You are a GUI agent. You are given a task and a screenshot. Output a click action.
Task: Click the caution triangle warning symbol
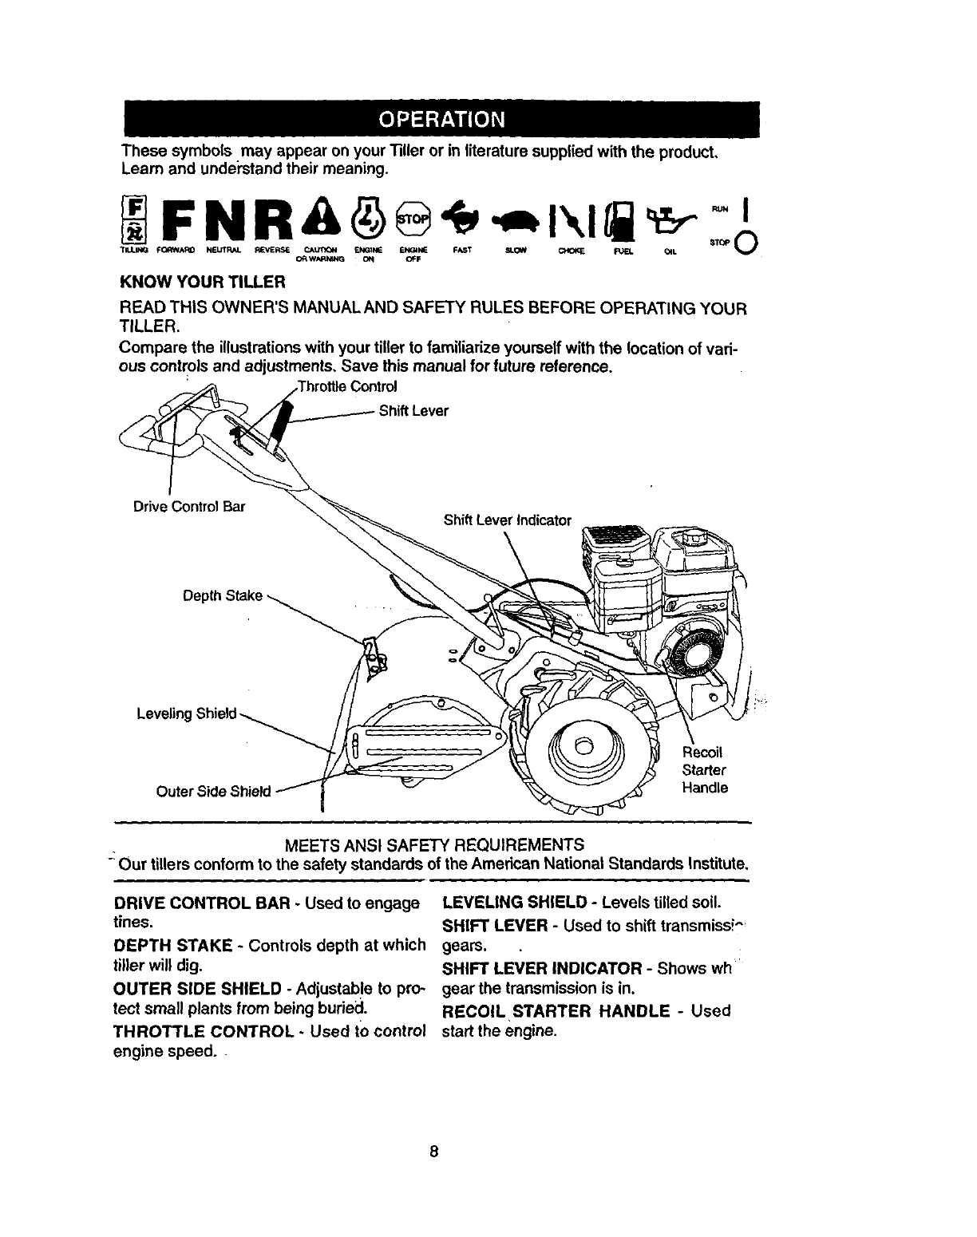(x=328, y=217)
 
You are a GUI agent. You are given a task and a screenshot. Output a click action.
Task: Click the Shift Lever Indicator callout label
(x=508, y=520)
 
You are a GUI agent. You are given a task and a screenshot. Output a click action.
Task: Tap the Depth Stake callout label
(x=223, y=595)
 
